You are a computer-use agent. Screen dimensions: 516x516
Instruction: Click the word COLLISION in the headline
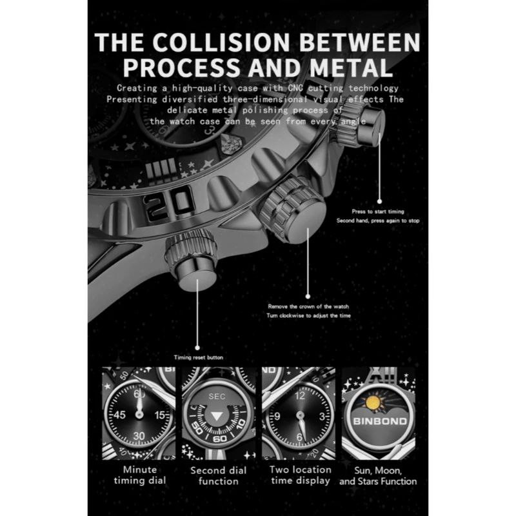(221, 42)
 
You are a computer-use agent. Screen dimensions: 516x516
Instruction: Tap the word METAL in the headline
(351, 68)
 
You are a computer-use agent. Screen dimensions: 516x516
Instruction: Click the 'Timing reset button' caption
(199, 357)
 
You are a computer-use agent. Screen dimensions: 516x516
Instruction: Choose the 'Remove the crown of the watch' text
(308, 306)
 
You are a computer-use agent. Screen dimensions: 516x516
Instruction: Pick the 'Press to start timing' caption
(378, 212)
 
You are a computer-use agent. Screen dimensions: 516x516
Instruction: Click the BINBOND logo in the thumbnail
(380, 421)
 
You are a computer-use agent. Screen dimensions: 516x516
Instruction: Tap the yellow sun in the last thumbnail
(373, 404)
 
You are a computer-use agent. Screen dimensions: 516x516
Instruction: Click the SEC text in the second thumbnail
(217, 396)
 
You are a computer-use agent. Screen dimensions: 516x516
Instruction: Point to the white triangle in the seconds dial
(217, 416)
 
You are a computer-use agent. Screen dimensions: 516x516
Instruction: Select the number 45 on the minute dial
(119, 415)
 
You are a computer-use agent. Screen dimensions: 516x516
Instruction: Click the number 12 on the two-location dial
(300, 395)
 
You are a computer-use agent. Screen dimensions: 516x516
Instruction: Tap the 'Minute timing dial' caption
(140, 475)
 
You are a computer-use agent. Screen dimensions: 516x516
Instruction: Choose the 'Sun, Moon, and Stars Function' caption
(378, 476)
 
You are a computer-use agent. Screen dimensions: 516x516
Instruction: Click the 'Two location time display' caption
(300, 475)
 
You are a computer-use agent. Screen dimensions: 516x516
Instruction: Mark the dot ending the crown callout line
(308, 297)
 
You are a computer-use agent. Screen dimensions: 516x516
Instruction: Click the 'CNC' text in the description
(295, 88)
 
